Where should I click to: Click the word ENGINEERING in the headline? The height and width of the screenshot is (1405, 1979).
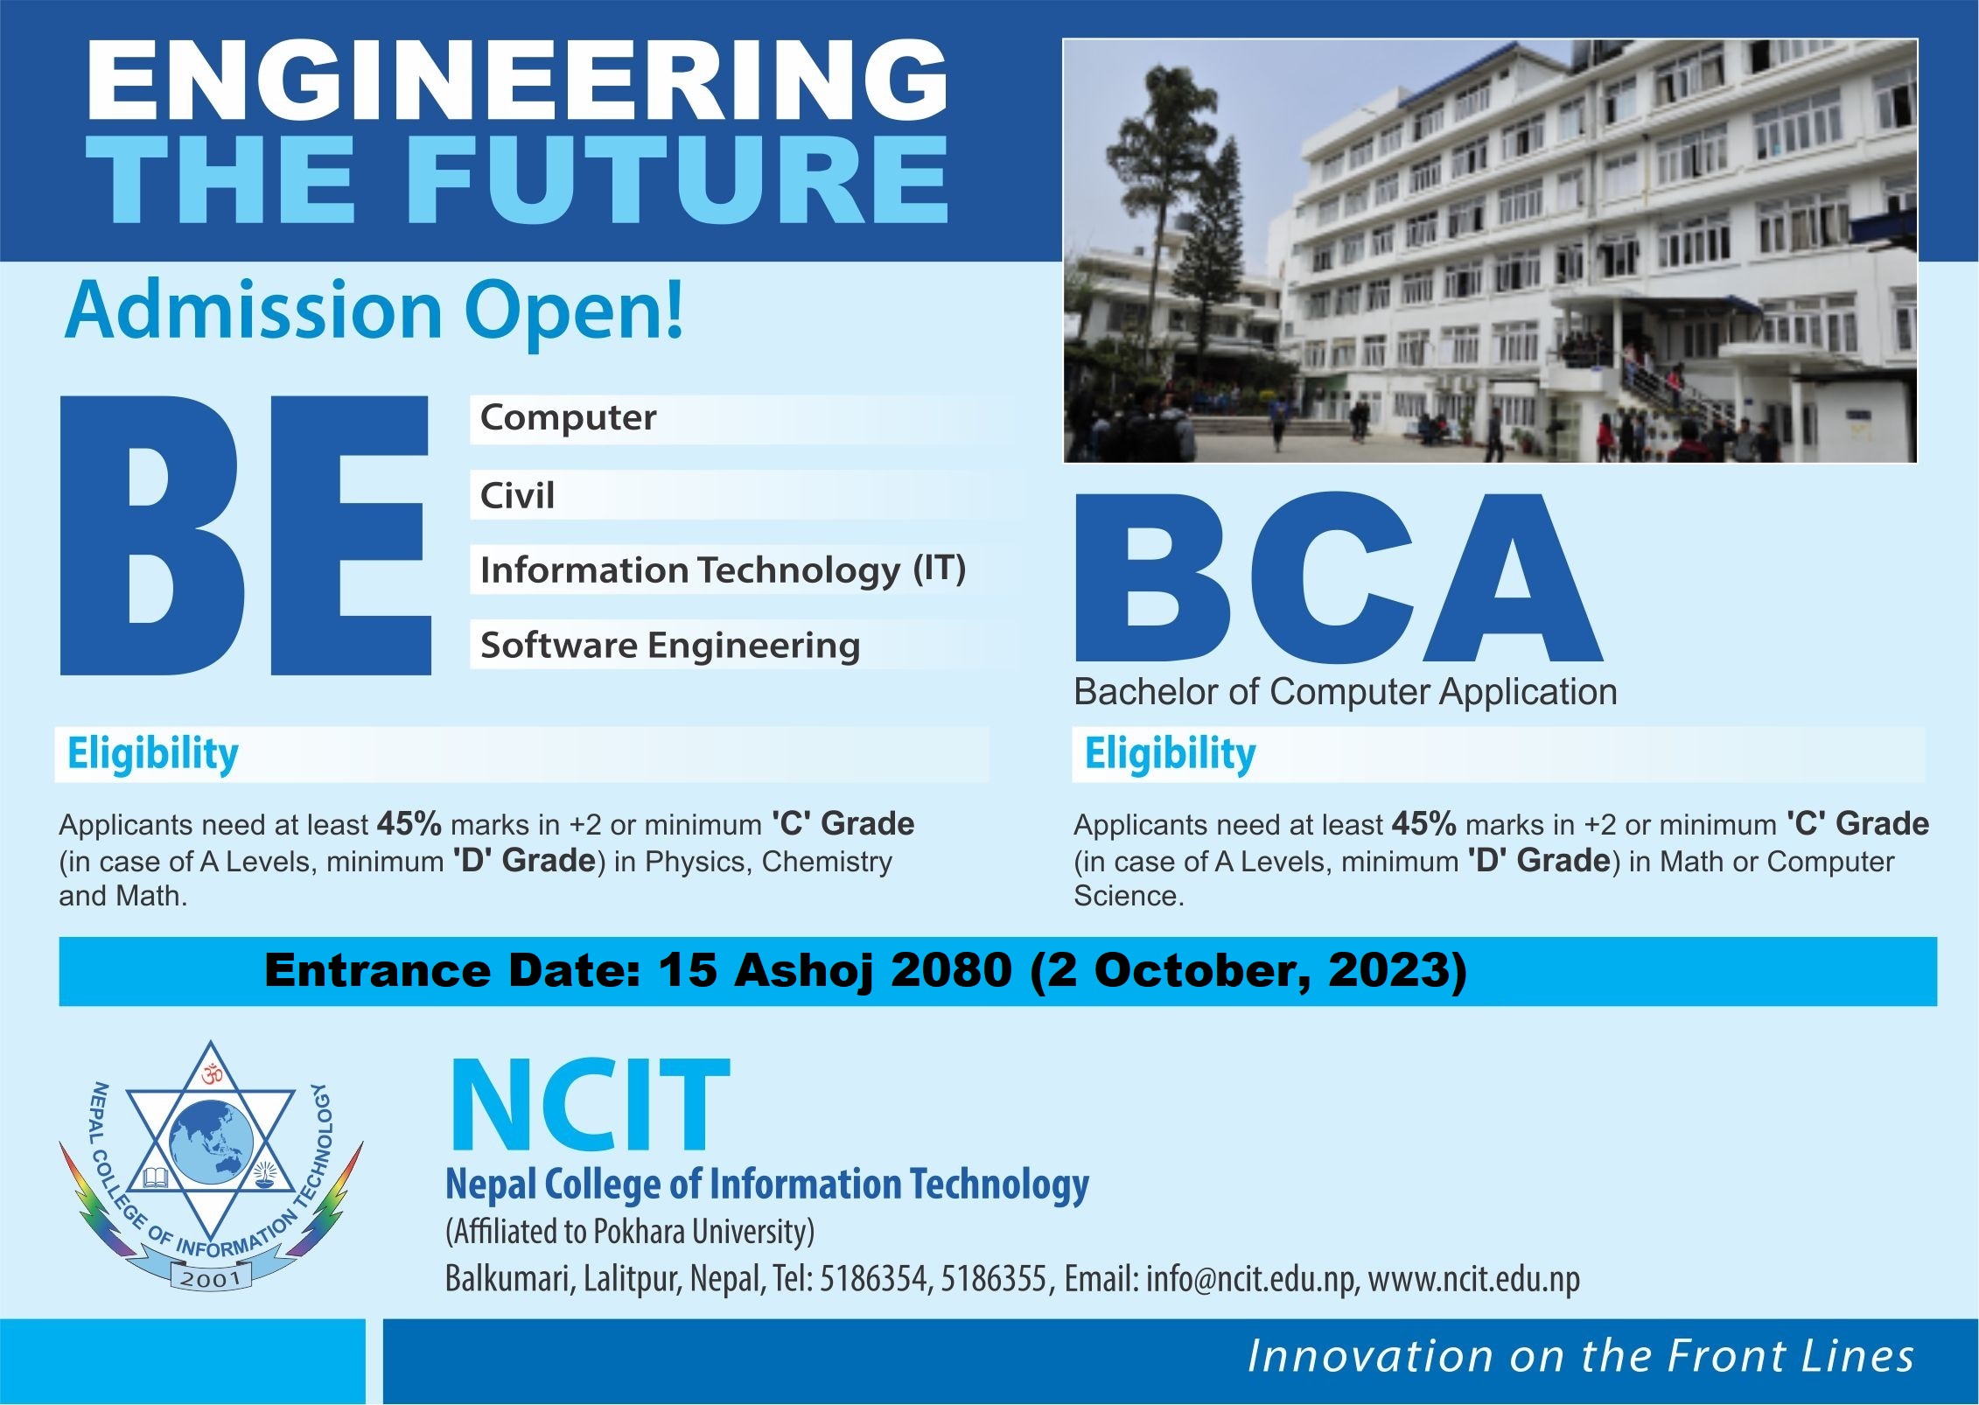click(516, 80)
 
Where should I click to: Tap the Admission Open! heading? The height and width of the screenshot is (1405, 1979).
click(374, 311)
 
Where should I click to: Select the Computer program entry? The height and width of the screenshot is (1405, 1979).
click(568, 418)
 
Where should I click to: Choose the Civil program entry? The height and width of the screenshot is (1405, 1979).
click(517, 496)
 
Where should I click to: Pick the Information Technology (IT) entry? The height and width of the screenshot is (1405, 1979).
click(723, 570)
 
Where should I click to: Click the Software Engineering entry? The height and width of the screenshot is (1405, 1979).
click(670, 646)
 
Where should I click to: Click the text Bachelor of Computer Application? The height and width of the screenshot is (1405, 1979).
click(1345, 692)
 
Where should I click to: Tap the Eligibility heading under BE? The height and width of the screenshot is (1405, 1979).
click(153, 754)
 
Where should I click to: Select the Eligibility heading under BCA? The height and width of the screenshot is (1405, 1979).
click(1170, 754)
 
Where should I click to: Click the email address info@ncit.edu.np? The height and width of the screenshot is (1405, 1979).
click(1251, 1279)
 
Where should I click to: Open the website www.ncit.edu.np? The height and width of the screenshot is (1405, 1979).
click(1474, 1279)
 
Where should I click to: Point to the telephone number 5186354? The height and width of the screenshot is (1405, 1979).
click(872, 1279)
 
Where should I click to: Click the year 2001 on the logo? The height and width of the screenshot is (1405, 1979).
click(210, 1279)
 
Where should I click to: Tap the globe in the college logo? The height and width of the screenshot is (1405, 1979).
click(212, 1142)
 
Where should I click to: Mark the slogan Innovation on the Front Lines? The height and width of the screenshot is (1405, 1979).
click(1580, 1357)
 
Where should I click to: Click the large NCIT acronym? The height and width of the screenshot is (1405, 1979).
click(589, 1106)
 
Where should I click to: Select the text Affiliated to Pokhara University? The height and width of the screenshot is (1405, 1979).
click(630, 1232)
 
